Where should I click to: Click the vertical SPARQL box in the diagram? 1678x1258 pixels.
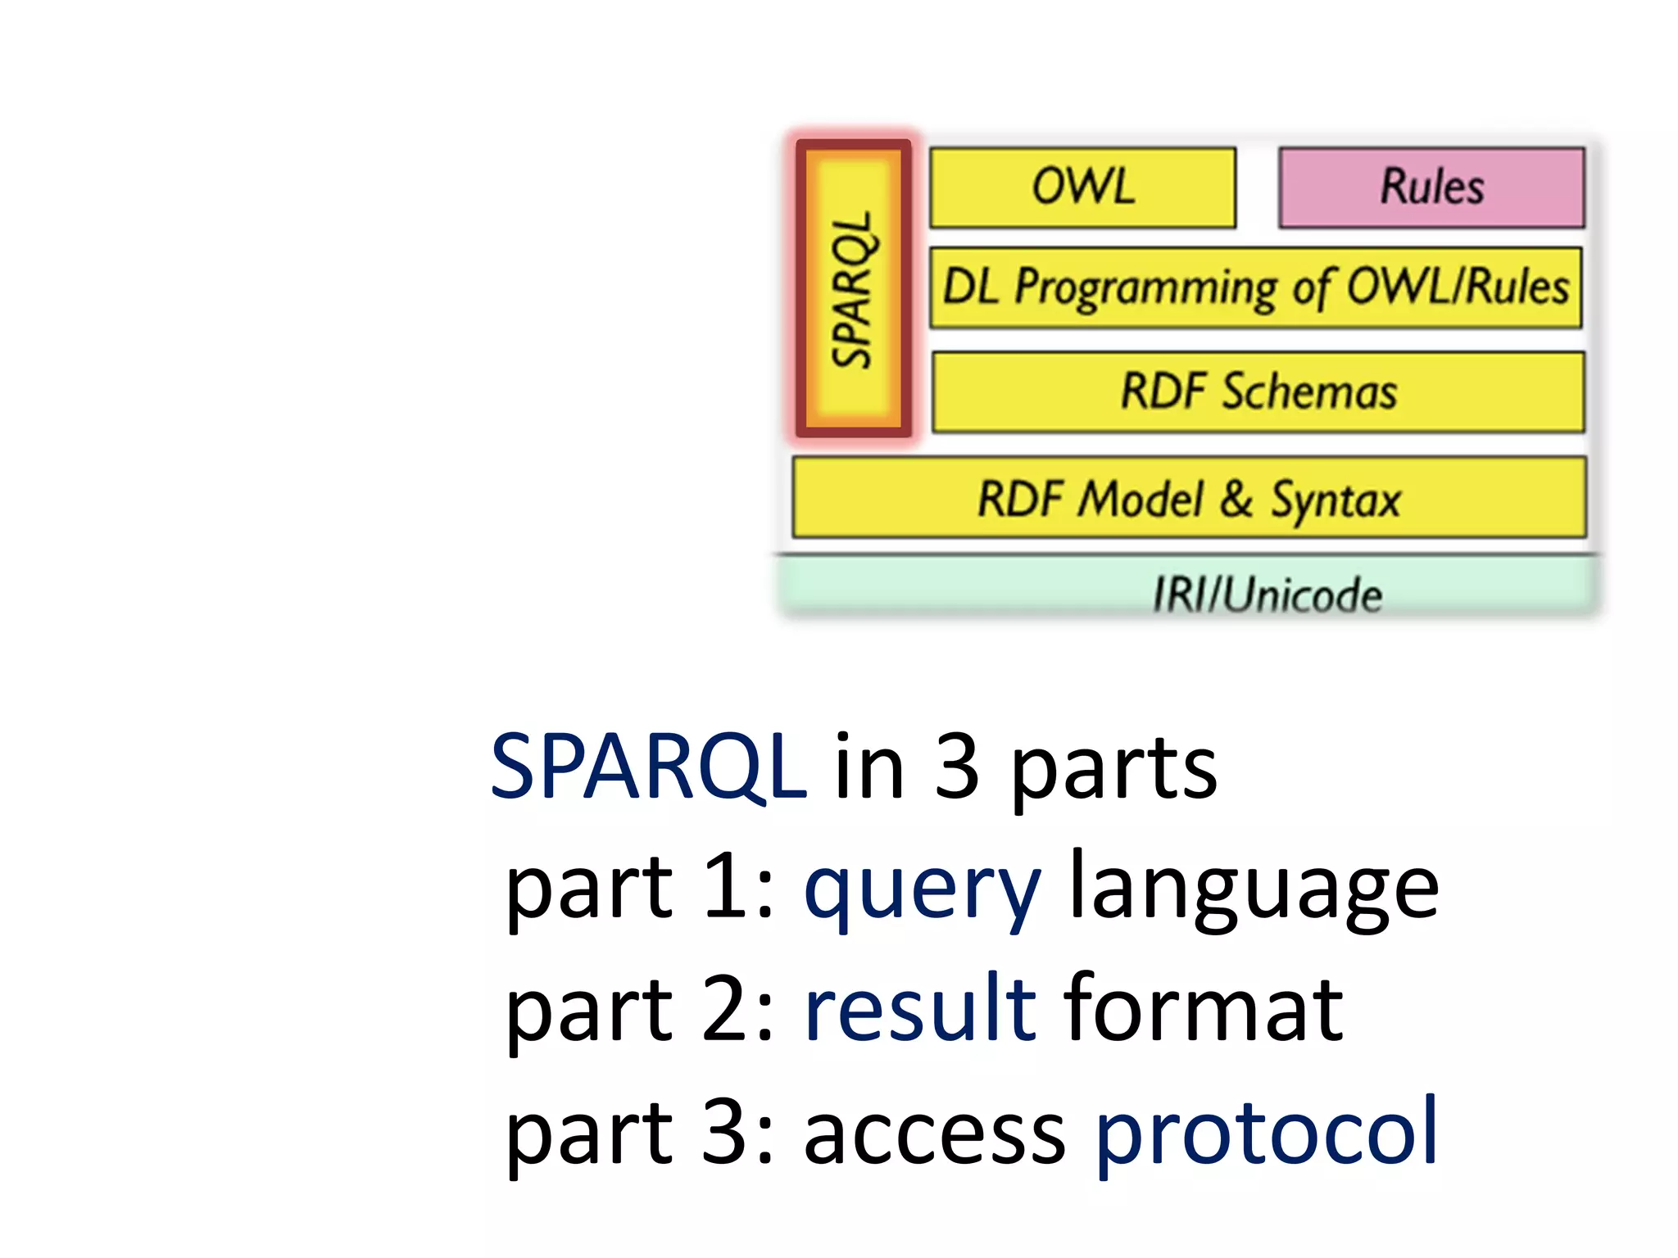853,288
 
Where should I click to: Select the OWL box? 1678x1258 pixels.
1082,187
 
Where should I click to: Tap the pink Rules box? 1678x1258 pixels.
1431,187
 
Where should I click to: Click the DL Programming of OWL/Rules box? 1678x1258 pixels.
1255,288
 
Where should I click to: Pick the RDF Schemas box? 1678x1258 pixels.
1258,391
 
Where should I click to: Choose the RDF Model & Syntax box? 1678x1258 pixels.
1189,498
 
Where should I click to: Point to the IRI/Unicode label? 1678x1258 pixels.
1267,594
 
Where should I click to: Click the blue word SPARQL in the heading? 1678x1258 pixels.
648,767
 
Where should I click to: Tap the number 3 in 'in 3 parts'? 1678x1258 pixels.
956,767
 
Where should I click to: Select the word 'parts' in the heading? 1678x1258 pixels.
1114,770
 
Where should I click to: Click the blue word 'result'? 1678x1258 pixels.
920,1009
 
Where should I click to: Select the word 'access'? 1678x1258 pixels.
934,1134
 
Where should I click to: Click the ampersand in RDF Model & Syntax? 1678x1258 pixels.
1236,498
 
